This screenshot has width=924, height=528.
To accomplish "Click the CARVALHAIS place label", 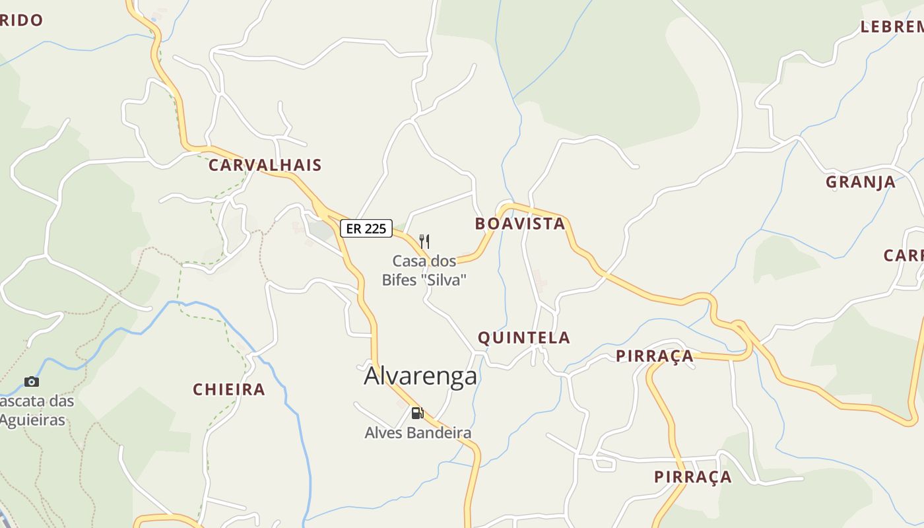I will pos(265,165).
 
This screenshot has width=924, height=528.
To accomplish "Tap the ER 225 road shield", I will pos(366,228).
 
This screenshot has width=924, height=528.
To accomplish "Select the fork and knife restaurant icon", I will pos(424,242).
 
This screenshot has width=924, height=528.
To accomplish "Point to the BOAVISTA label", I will pos(520,224).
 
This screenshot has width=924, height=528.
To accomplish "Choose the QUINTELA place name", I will pos(523,338).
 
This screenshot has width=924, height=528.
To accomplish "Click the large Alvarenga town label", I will pos(420,376).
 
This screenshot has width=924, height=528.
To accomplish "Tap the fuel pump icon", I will pos(417,413).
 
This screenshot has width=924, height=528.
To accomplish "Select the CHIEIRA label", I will pos(228,389).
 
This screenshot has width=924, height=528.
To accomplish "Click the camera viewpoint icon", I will pos(31,381).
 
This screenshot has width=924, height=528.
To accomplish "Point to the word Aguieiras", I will pos(32,420).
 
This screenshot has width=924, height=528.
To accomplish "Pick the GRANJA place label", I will pos(860,182).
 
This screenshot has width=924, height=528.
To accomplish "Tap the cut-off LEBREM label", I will pos(892,27).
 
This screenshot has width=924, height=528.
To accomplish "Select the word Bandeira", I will pos(439,433).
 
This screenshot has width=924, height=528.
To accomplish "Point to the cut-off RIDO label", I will pos(21,20).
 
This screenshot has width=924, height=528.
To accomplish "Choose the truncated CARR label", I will pos(904,255).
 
